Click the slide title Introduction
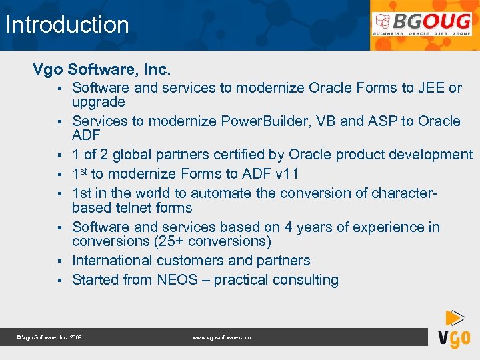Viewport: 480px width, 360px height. [x=67, y=25]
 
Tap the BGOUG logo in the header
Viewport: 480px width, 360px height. [x=422, y=25]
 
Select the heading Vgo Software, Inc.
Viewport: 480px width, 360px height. [x=102, y=69]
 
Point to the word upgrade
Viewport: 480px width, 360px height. [x=99, y=102]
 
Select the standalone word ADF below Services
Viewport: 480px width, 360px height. [x=86, y=135]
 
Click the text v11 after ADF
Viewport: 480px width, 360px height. [x=286, y=174]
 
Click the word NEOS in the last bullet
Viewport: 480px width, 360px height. [x=177, y=280]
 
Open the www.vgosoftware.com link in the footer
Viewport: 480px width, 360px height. [x=222, y=338]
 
